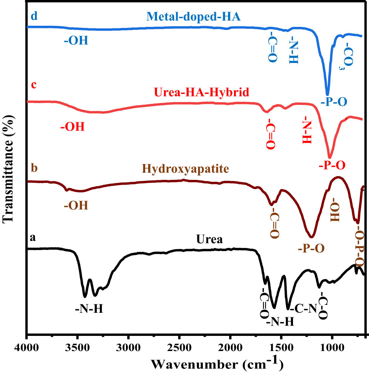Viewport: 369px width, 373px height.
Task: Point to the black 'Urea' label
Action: [211, 240]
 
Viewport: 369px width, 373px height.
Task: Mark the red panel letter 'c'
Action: [33, 85]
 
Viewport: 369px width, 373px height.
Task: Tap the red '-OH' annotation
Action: [72, 126]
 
